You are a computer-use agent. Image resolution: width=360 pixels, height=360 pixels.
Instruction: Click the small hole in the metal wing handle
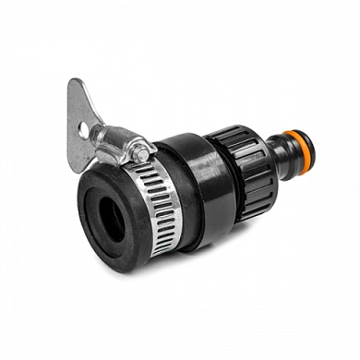pyautogui.click(x=83, y=130)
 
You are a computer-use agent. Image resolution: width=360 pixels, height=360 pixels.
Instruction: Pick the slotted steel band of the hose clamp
pyautogui.click(x=152, y=198)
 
